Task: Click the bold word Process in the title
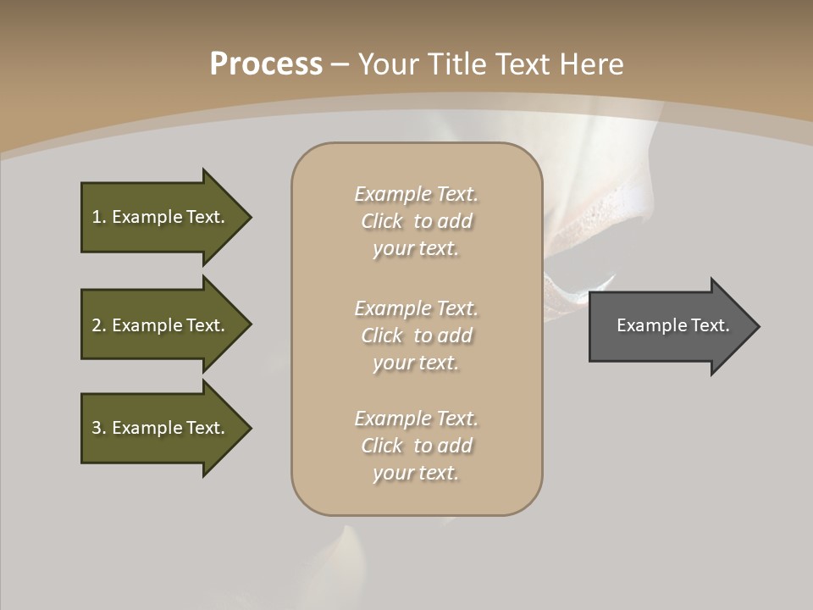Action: [266, 64]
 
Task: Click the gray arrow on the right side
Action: [669, 325]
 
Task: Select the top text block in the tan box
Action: [416, 221]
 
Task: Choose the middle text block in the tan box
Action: [416, 335]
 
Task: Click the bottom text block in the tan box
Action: [416, 446]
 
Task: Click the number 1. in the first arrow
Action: [99, 217]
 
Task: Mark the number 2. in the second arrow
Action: [99, 325]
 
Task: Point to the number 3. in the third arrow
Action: [99, 428]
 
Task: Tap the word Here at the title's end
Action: [592, 64]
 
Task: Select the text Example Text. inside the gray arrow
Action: [673, 325]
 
